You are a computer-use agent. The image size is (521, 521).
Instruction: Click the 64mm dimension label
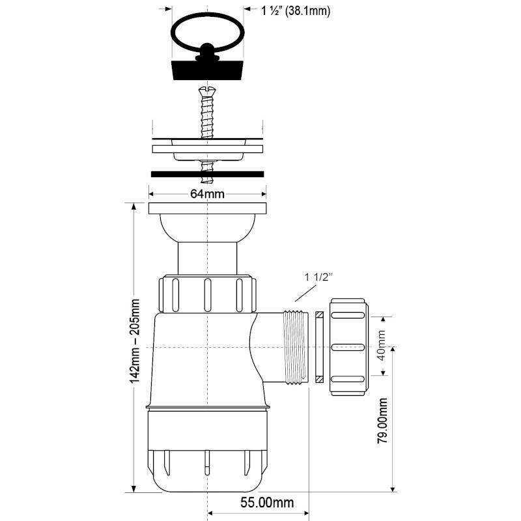pyautogui.click(x=207, y=193)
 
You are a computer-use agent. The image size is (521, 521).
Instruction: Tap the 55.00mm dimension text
pyautogui.click(x=267, y=502)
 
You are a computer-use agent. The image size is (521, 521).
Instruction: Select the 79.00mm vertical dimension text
pyautogui.click(x=382, y=421)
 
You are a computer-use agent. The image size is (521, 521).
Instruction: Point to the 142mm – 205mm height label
pyautogui.click(x=135, y=341)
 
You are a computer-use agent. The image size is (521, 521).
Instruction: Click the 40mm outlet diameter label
pyautogui.click(x=382, y=345)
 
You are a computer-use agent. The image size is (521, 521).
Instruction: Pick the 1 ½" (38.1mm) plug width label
pyautogui.click(x=296, y=11)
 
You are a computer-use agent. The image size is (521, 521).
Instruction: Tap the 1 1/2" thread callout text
pyautogui.click(x=318, y=277)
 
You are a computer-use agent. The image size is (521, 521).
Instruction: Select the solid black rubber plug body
pyautogui.click(x=207, y=70)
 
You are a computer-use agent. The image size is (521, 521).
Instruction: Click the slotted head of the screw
pyautogui.click(x=207, y=91)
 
